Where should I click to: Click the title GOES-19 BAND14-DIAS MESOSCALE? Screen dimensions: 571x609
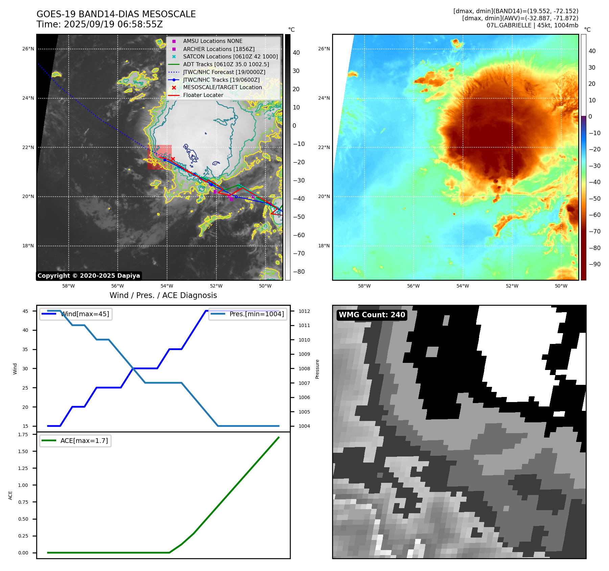(116, 14)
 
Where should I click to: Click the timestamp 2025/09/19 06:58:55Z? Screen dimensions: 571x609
(113, 24)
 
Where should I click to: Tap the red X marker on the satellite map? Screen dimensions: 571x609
(173, 159)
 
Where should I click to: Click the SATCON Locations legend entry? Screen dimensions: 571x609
(230, 56)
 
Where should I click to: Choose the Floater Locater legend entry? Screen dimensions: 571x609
(203, 95)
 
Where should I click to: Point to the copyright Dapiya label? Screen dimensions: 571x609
(89, 276)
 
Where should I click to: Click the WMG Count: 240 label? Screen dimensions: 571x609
(372, 315)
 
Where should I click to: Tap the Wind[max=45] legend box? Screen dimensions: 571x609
(76, 314)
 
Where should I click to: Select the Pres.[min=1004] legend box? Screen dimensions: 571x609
(248, 314)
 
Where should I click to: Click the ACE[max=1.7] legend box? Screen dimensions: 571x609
(75, 441)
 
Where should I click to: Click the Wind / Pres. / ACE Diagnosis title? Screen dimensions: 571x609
(163, 295)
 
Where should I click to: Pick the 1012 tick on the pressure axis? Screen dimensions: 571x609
(304, 311)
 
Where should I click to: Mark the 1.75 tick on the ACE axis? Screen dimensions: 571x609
(23, 435)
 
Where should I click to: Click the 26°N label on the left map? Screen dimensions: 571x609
(28, 49)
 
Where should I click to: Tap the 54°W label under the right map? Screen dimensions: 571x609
(463, 286)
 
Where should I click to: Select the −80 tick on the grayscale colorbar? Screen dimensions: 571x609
(299, 272)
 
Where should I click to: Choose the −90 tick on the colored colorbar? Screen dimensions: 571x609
(594, 264)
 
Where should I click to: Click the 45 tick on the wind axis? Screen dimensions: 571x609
(25, 311)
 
